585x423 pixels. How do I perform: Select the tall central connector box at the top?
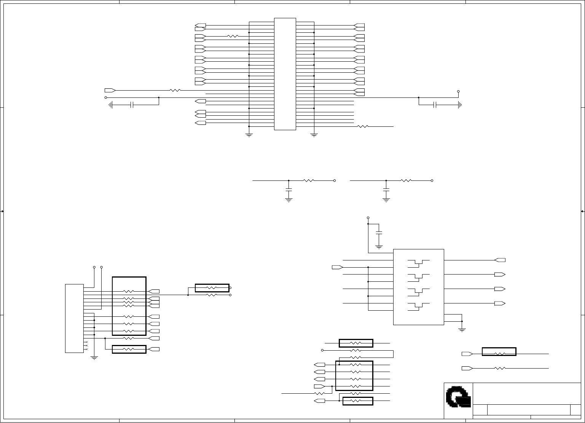285,74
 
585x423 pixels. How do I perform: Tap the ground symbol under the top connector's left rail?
249,134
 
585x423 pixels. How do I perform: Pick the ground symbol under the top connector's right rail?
314,134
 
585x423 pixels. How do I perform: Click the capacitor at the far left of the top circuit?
132,105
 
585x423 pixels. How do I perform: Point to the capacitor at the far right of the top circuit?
435,105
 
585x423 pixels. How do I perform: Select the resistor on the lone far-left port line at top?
175,90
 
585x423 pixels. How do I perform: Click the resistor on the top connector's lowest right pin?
363,126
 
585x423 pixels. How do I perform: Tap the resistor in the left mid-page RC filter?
308,180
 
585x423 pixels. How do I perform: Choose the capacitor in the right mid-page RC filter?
386,189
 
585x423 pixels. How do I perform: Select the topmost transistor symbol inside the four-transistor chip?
418,262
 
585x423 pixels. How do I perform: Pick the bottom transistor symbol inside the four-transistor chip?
418,305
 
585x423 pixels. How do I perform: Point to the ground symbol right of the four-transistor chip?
462,329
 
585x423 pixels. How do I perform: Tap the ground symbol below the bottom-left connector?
94,358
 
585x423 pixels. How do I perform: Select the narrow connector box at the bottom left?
74,318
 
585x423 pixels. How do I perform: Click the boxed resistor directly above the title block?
499,352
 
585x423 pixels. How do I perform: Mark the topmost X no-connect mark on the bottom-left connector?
87,342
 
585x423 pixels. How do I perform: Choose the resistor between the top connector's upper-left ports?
233,36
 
